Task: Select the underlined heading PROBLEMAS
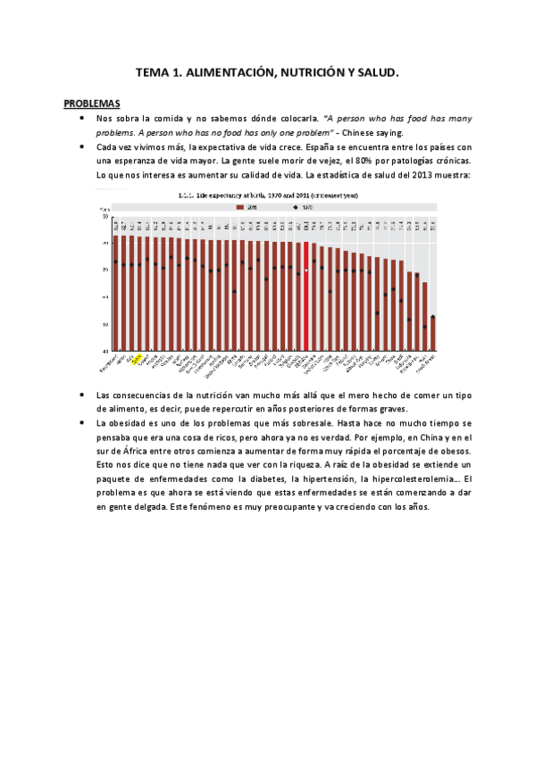click(x=92, y=104)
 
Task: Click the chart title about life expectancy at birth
click(x=268, y=194)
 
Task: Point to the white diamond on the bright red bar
click(x=306, y=270)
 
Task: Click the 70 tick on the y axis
click(x=105, y=270)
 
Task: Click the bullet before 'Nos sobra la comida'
click(x=82, y=117)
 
